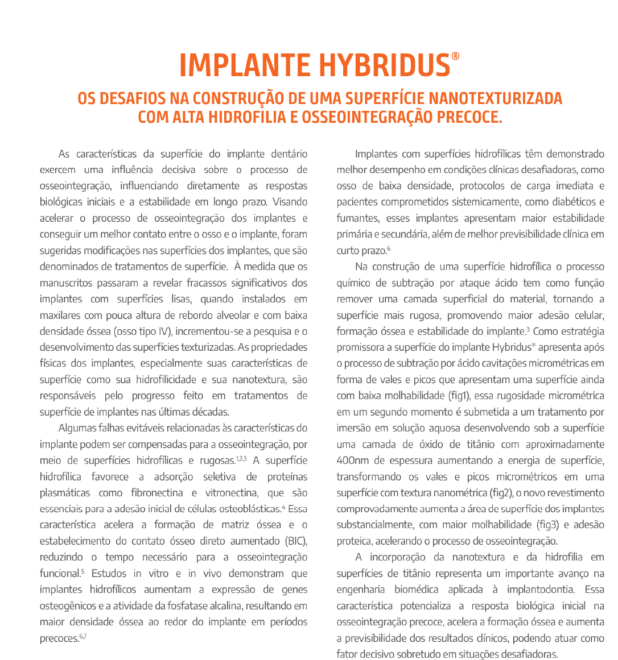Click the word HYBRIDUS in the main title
click(384, 66)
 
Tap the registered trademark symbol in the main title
click(455, 57)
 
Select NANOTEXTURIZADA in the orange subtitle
click(495, 98)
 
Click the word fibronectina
click(157, 493)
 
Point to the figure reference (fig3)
click(549, 525)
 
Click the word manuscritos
click(66, 283)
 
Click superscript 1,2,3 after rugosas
click(241, 458)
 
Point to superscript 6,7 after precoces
click(83, 636)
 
